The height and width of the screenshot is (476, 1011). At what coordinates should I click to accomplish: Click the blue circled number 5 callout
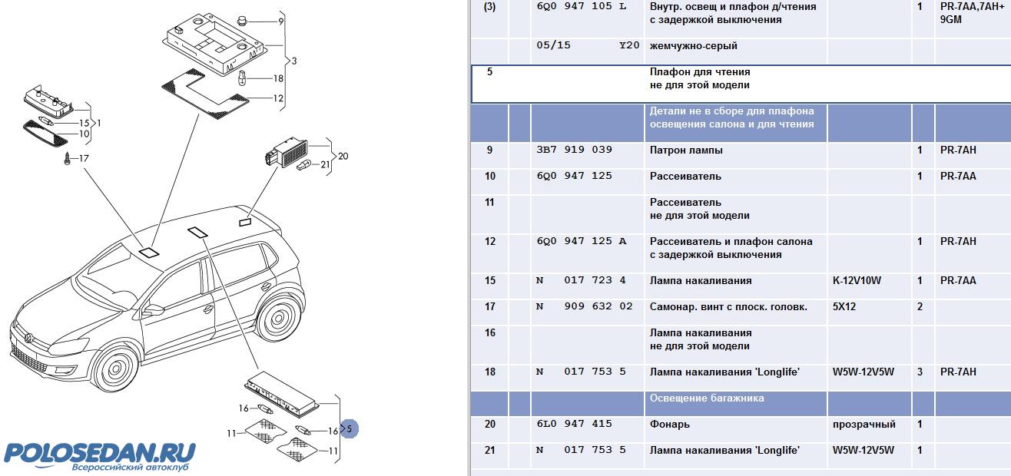pyautogui.click(x=350, y=429)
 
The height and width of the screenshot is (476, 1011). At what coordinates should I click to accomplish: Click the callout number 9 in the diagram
pyautogui.click(x=281, y=21)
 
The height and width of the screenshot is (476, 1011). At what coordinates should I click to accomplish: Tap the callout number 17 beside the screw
pyautogui.click(x=84, y=158)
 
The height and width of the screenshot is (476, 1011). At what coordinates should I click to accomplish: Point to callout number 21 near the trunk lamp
pyautogui.click(x=325, y=164)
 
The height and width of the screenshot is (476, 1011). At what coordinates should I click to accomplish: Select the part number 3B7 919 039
pyautogui.click(x=574, y=150)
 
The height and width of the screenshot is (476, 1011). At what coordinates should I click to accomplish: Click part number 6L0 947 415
pyautogui.click(x=574, y=425)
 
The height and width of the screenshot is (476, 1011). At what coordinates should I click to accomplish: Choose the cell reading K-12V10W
pyautogui.click(x=857, y=281)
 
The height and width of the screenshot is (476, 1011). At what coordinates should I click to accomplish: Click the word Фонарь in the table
pyautogui.click(x=669, y=425)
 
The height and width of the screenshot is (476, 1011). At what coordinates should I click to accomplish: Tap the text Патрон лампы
pyautogui.click(x=686, y=150)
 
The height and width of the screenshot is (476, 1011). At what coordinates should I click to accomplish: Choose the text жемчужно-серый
pyautogui.click(x=694, y=46)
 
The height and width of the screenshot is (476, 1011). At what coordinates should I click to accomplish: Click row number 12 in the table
pyautogui.click(x=489, y=242)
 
